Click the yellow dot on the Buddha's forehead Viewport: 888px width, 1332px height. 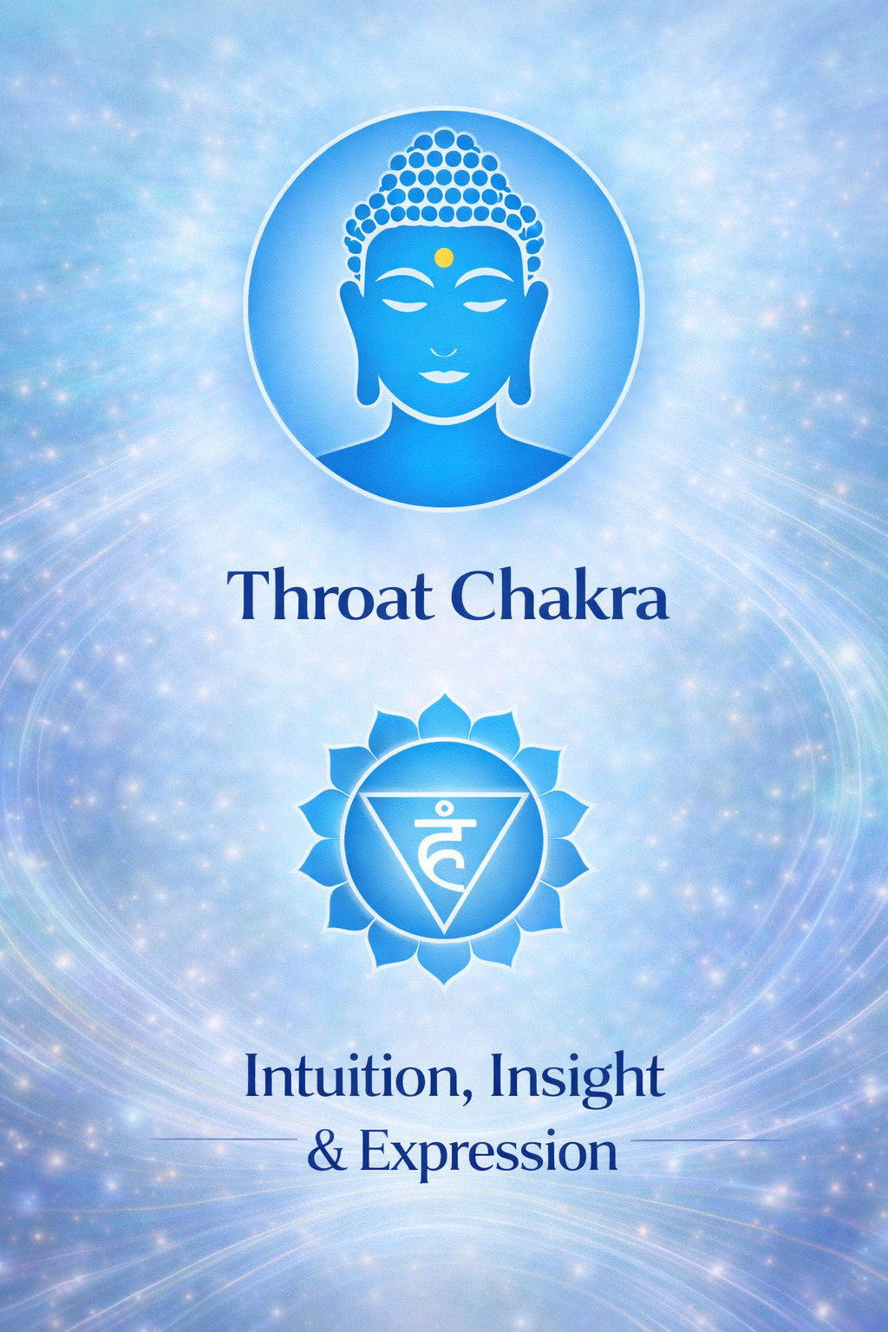coord(443,257)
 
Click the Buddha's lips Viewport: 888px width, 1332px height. coord(444,375)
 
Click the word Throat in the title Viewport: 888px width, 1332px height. coord(330,596)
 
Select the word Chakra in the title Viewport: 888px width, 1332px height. coord(560,596)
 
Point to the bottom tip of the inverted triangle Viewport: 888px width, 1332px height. coord(444,931)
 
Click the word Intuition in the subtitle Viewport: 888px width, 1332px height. coord(359,1077)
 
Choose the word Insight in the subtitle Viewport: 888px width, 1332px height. coord(577,1079)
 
